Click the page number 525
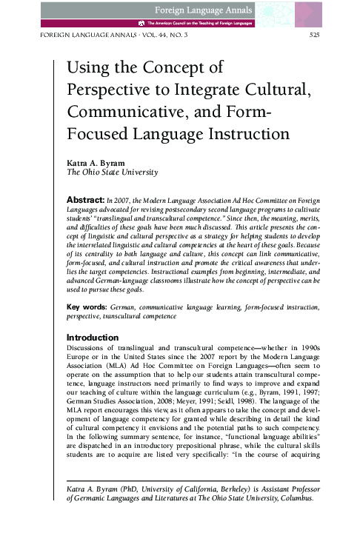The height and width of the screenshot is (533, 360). click(313, 35)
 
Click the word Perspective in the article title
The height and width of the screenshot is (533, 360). click(109, 93)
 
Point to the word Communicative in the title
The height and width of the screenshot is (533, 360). click(126, 115)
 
